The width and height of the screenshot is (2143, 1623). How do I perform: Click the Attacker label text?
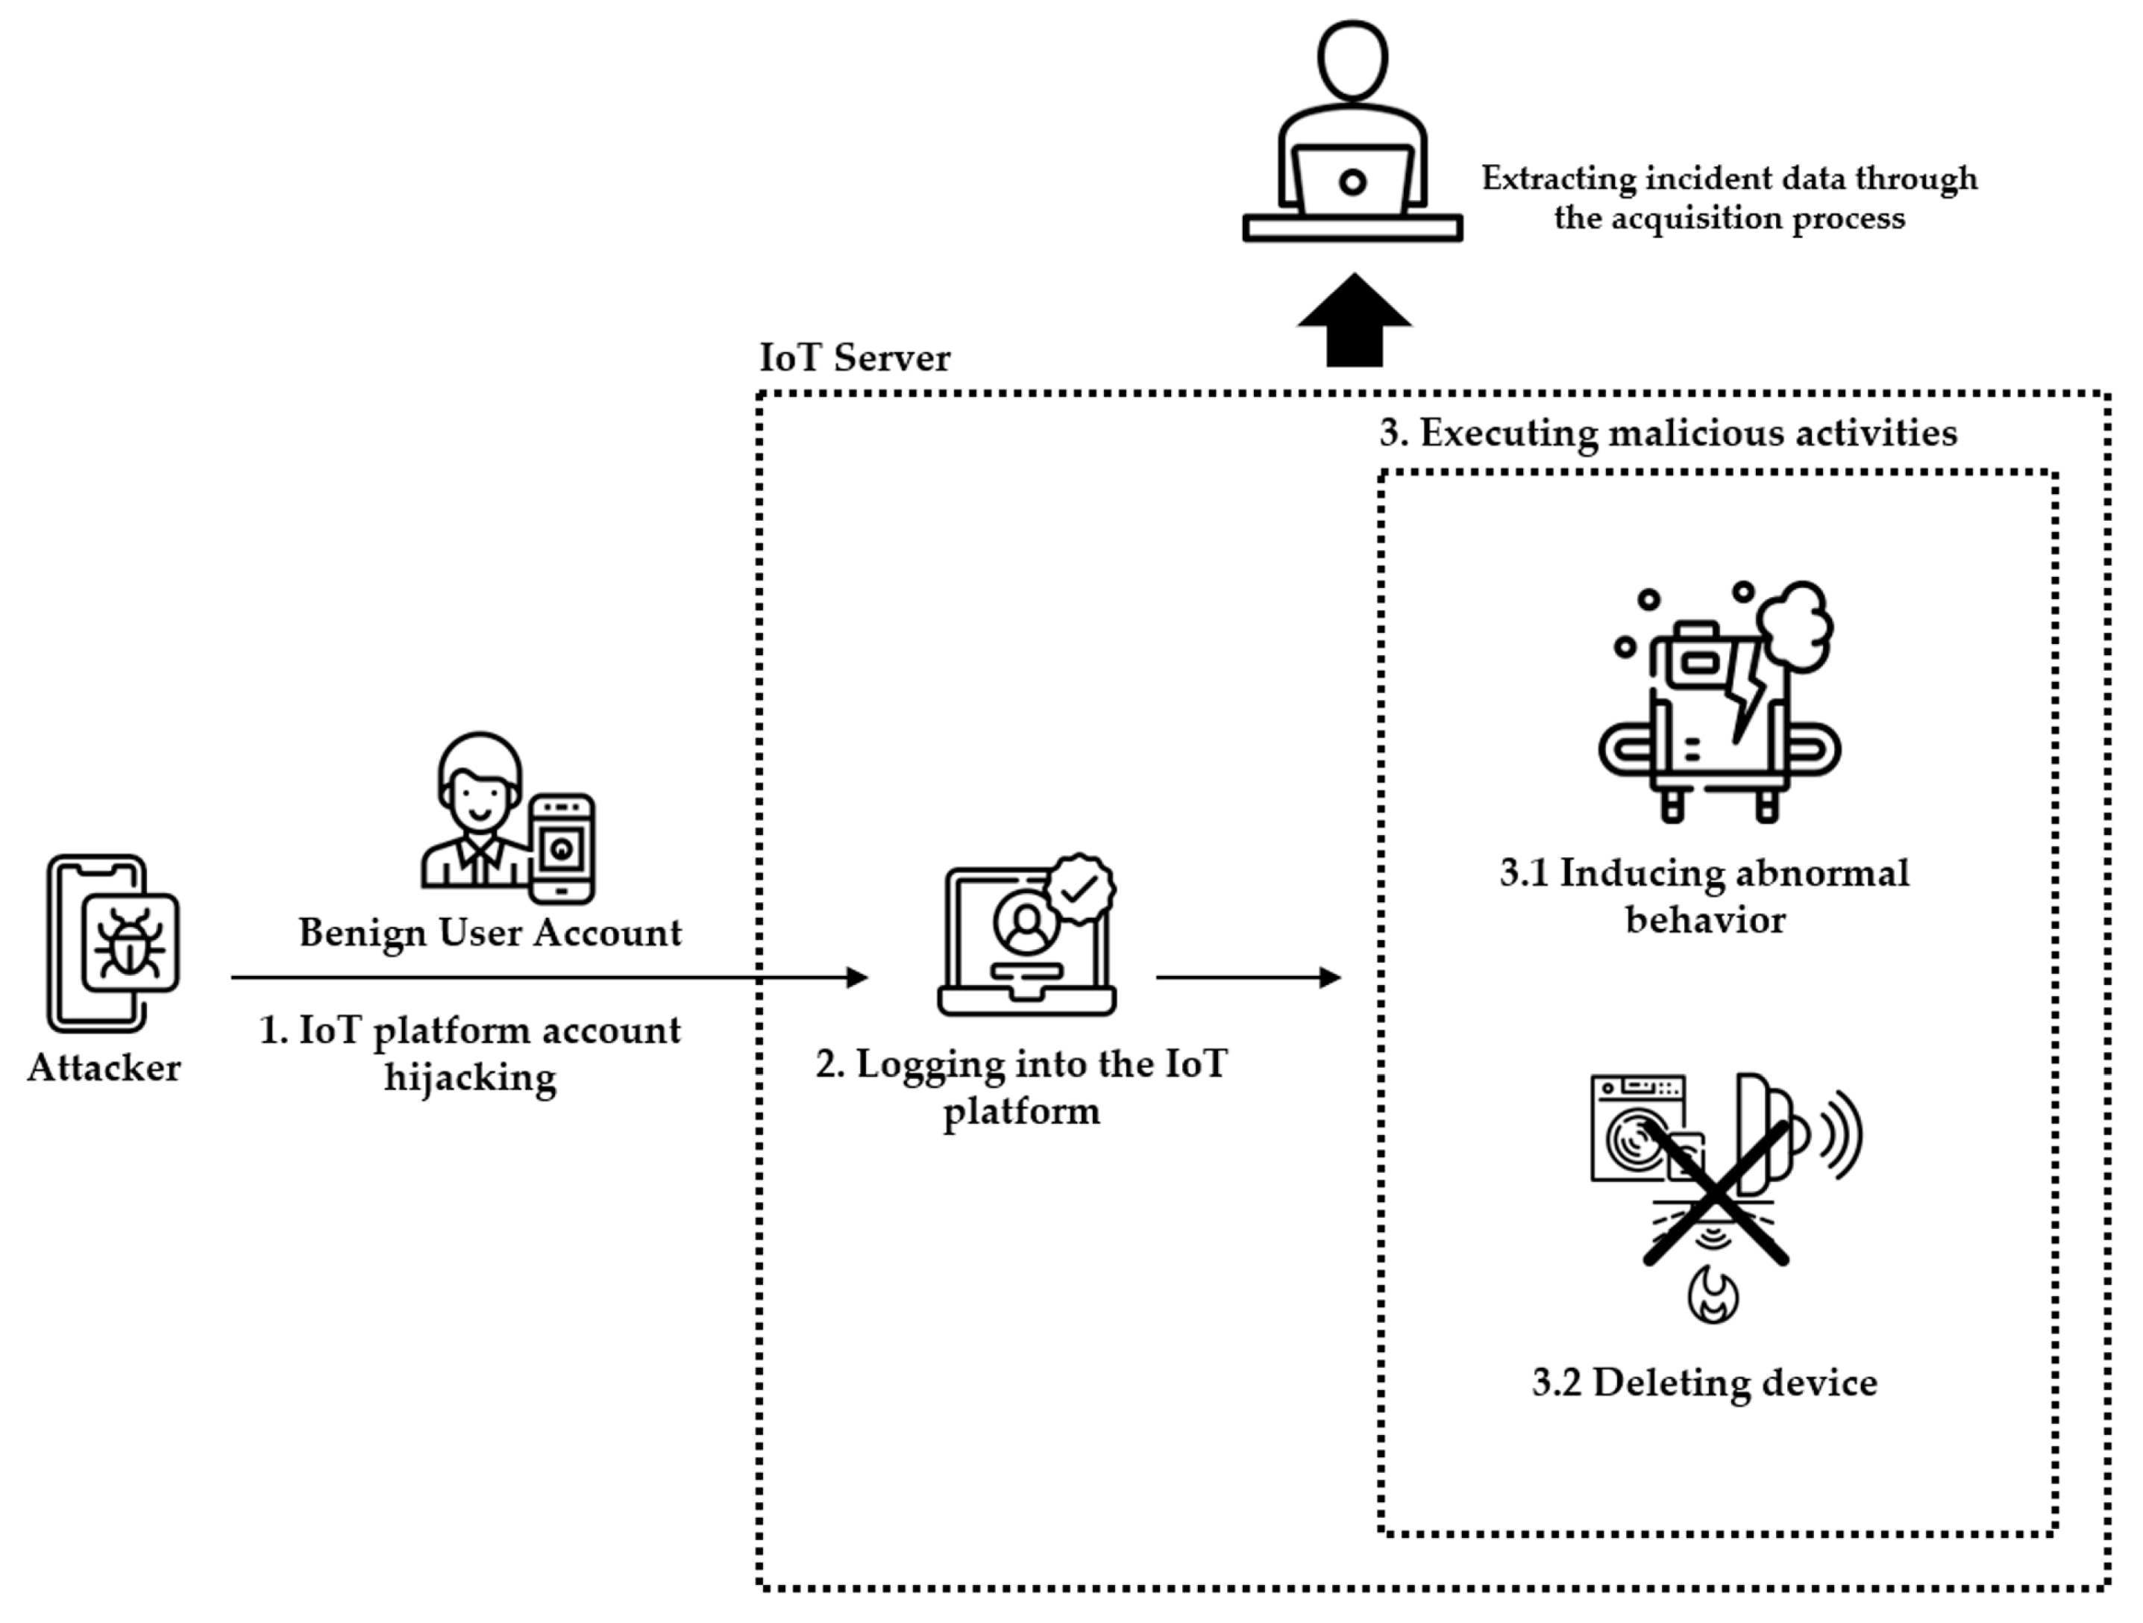pyautogui.click(x=104, y=1068)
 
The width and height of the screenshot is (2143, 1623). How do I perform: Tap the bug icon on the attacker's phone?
pyautogui.click(x=130, y=942)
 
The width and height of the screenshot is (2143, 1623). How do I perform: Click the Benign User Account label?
pyautogui.click(x=489, y=932)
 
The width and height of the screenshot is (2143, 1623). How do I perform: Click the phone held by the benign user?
pyautogui.click(x=562, y=848)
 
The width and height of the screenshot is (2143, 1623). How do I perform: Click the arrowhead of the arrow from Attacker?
pyautogui.click(x=857, y=977)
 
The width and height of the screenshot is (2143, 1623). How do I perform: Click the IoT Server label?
pyautogui.click(x=855, y=357)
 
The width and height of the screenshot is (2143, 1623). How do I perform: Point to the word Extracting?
pyautogui.click(x=1558, y=179)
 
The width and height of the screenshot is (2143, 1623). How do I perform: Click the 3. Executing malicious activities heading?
pyautogui.click(x=1667, y=432)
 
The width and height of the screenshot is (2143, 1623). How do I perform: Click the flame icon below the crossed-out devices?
pyautogui.click(x=1712, y=1296)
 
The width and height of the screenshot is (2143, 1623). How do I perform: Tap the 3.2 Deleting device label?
pyautogui.click(x=1704, y=1383)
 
